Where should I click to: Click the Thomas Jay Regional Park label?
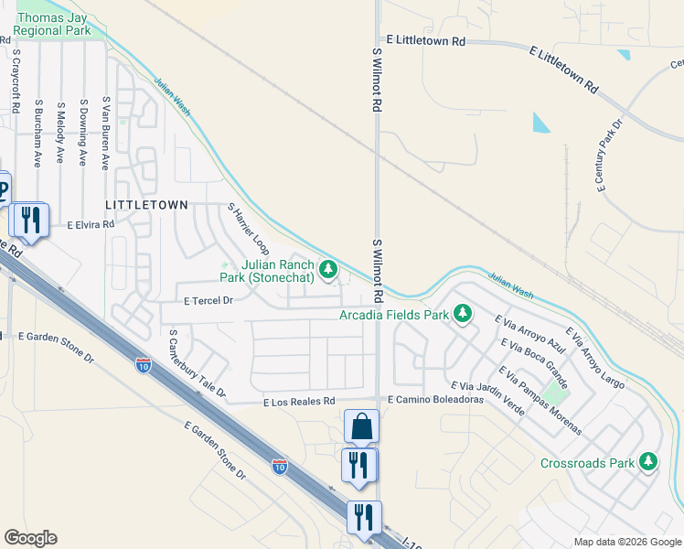[x=53, y=24]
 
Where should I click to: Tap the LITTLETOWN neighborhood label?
[x=146, y=205]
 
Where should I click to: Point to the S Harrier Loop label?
[x=249, y=229]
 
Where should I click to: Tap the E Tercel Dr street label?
[x=209, y=300]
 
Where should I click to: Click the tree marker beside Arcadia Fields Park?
[x=464, y=314]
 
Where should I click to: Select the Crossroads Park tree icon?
[x=648, y=461]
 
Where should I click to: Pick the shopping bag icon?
[x=361, y=426]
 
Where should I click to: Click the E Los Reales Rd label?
[x=299, y=402]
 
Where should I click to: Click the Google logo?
[x=30, y=538]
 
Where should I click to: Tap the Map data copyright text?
[x=626, y=542]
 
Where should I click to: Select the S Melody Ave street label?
[x=60, y=133]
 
